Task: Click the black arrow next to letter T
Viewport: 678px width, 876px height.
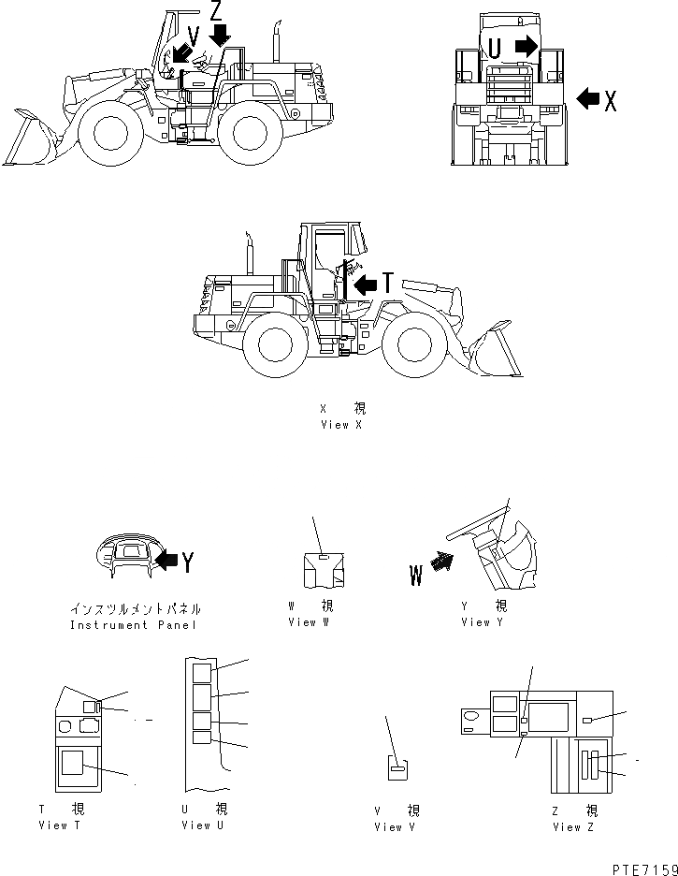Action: pos(366,282)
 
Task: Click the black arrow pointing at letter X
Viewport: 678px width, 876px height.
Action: pos(588,97)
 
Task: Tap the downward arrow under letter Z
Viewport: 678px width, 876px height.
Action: pos(220,35)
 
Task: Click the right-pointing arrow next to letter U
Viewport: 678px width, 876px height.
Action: pos(527,45)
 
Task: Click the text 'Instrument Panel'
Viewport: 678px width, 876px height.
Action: pos(136,624)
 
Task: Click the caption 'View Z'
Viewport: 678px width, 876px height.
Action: pos(573,826)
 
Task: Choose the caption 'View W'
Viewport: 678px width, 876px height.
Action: pos(309,621)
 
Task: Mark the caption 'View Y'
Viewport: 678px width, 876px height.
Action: pos(482,621)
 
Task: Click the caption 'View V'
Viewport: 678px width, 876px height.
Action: pos(395,826)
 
